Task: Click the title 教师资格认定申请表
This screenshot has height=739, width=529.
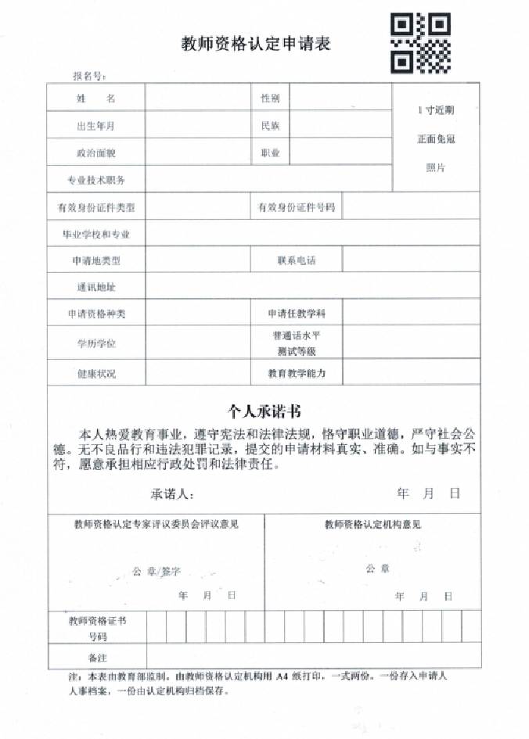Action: click(x=256, y=44)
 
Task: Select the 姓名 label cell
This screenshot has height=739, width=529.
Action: click(x=95, y=99)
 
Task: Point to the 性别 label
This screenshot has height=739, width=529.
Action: click(x=270, y=99)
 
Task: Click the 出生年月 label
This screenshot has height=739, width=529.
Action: click(x=95, y=126)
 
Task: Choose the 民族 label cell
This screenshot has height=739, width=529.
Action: click(x=270, y=125)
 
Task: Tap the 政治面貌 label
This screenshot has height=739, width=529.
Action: click(x=95, y=152)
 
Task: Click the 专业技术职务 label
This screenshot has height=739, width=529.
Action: click(x=95, y=180)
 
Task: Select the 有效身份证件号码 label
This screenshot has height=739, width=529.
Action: click(x=296, y=207)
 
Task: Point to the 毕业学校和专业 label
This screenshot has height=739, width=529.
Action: click(x=95, y=234)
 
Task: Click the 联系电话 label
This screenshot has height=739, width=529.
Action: click(x=296, y=260)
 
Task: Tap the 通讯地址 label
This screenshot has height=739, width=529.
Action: click(x=95, y=287)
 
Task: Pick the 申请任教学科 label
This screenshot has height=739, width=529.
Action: click(x=296, y=314)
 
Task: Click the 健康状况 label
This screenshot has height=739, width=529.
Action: click(x=95, y=374)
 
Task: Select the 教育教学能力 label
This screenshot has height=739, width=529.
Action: click(x=296, y=374)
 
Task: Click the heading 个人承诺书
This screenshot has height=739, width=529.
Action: click(x=264, y=410)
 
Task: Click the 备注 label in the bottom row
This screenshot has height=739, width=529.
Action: click(x=96, y=655)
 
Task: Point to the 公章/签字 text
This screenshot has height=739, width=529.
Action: click(x=158, y=572)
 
